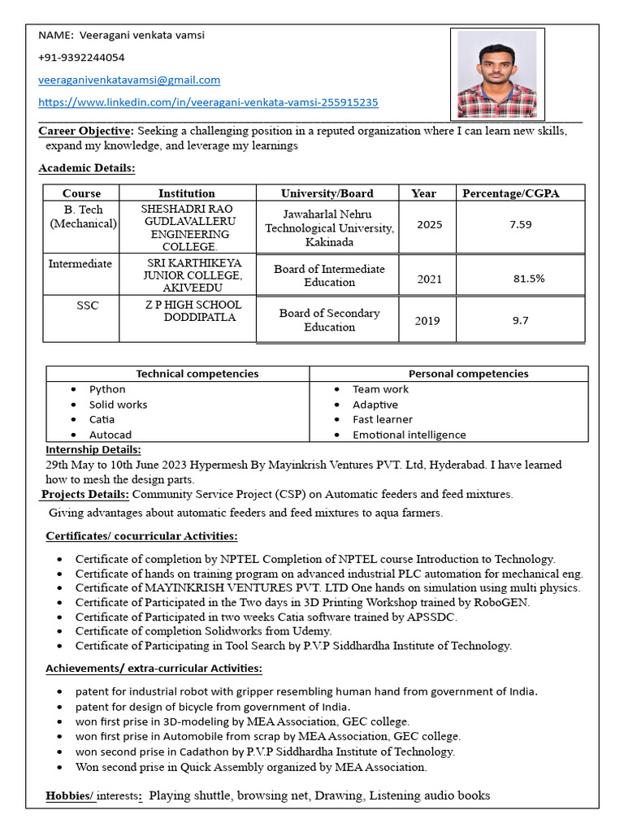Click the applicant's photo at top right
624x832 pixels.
[496, 74]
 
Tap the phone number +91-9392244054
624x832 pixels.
[81, 58]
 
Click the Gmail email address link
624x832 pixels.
[129, 80]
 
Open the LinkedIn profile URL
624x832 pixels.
[208, 102]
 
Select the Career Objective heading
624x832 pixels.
[85, 131]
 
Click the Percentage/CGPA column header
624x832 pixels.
[510, 193]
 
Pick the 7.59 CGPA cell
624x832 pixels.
[521, 224]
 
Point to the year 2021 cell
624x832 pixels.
[429, 279]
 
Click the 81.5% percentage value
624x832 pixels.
[529, 279]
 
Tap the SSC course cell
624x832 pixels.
[88, 305]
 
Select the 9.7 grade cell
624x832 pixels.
[521, 320]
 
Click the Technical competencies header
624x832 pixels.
[197, 374]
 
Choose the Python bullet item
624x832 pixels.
[107, 389]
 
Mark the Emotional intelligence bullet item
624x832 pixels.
[409, 435]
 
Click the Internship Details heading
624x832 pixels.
[93, 449]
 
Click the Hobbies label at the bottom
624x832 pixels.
[70, 795]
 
